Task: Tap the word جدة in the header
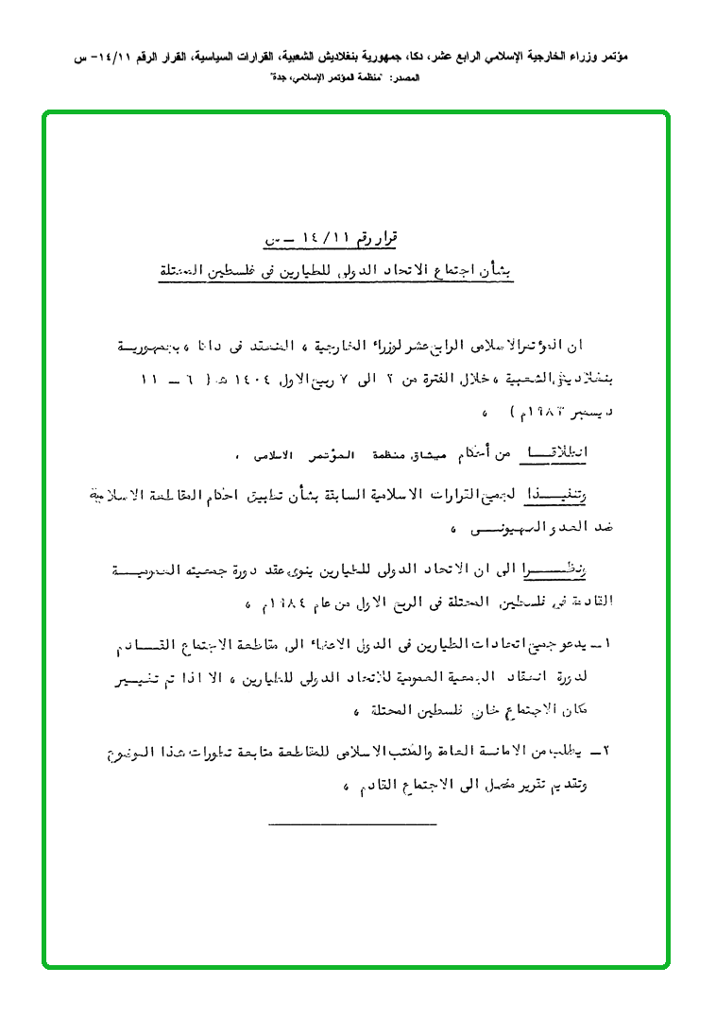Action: tap(279, 77)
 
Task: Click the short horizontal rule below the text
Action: tap(352, 825)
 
